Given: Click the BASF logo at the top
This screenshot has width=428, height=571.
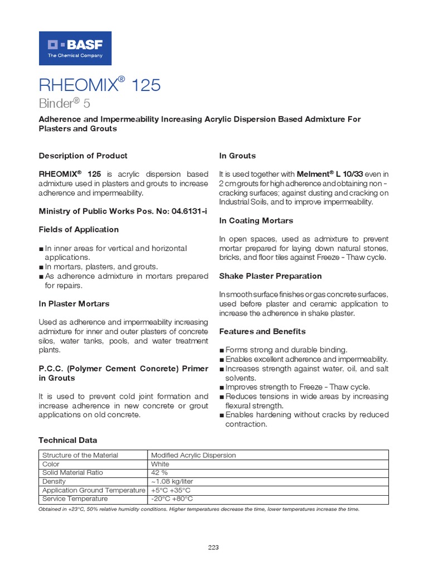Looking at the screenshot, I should click(x=75, y=49).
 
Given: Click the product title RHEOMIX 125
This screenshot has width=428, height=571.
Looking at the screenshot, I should click(x=99, y=85).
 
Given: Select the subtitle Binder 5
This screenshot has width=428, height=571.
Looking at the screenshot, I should click(x=64, y=104).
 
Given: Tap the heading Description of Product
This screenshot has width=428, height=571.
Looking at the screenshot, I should click(x=83, y=156).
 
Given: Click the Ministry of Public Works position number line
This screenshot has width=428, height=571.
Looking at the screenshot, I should click(x=114, y=211).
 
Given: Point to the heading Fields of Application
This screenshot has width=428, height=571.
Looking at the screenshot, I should click(x=79, y=229).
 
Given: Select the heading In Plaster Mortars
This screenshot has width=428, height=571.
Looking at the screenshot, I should click(x=74, y=303).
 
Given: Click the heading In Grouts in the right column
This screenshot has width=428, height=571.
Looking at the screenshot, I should click(x=237, y=156).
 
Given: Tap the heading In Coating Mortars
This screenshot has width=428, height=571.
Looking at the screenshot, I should click(x=256, y=221).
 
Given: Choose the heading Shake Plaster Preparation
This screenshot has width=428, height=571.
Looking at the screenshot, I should click(x=270, y=276).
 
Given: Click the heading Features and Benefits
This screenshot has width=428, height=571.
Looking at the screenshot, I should click(x=262, y=331).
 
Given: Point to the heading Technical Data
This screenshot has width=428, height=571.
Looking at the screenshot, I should click(x=67, y=440).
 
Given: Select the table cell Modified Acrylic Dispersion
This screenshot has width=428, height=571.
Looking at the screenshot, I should click(x=193, y=455).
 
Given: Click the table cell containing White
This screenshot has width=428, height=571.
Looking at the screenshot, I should click(x=160, y=464).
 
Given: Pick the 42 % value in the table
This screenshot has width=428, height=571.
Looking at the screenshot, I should click(x=159, y=472).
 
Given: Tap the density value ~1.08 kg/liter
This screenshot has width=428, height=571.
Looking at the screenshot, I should click(x=171, y=481).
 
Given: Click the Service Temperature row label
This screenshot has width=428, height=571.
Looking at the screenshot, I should click(x=75, y=499).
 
